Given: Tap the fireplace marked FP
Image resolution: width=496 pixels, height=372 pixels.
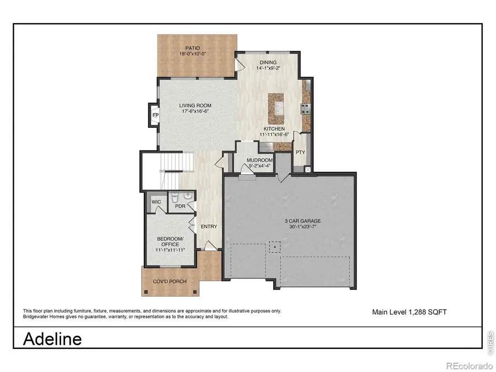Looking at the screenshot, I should click(155, 116).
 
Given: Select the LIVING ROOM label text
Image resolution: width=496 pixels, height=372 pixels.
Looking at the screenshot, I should click(195, 105).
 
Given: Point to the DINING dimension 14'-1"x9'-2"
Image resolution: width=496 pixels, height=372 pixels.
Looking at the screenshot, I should click(268, 69).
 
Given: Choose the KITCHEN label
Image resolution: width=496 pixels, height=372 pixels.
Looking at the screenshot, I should click(273, 128).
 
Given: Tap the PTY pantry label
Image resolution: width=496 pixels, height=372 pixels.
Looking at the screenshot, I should click(300, 153).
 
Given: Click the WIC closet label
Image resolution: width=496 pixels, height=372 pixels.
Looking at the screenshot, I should click(156, 202).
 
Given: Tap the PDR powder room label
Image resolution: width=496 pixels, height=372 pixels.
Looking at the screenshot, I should click(180, 207).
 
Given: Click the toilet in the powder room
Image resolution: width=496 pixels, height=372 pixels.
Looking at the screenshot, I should click(174, 197).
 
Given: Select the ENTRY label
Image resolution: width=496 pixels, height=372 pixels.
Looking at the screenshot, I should click(209, 227).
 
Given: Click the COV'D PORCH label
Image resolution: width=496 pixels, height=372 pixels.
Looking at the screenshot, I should click(170, 282).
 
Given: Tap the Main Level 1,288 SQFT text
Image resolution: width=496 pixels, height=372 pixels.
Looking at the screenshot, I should click(409, 312).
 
